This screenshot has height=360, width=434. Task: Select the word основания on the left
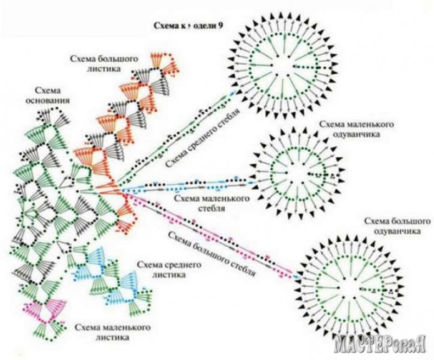click(x=48, y=100)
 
